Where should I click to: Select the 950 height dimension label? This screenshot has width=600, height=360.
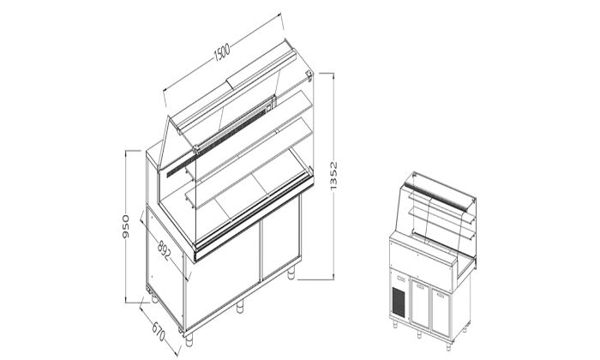pos(126,225)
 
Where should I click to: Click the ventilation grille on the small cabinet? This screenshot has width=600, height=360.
pos(399,301)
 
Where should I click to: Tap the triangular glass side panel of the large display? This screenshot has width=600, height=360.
pos(177,141)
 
